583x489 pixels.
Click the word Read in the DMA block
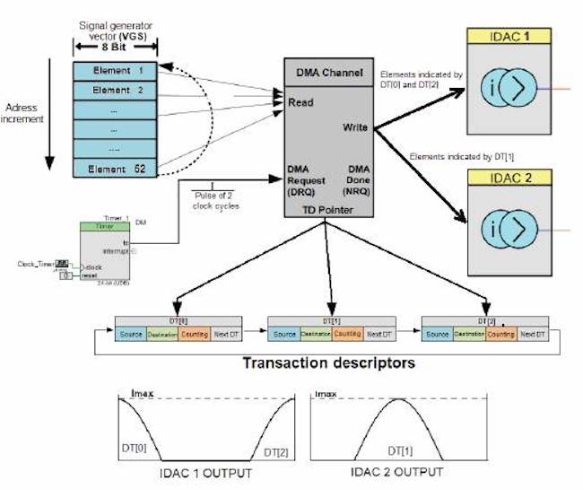pyautogui.click(x=300, y=103)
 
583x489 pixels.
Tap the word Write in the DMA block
pyautogui.click(x=355, y=128)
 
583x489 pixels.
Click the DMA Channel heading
pyautogui.click(x=328, y=70)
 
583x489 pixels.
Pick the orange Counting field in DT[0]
pyautogui.click(x=192, y=335)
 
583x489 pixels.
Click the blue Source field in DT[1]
pyautogui.click(x=284, y=335)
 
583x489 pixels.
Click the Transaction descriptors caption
pyautogui.click(x=329, y=364)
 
